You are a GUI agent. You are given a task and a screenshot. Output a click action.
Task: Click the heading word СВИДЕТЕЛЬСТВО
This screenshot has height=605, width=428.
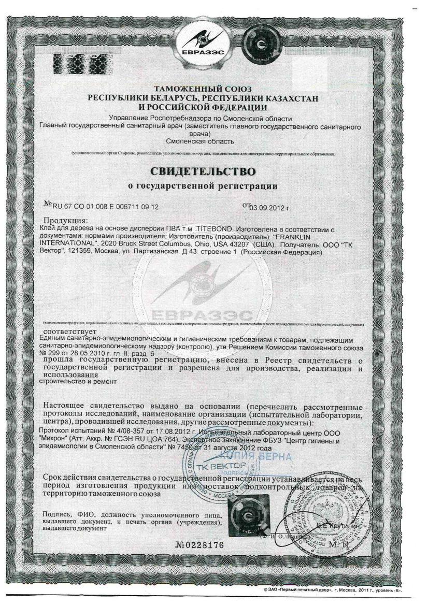click(x=203, y=170)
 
